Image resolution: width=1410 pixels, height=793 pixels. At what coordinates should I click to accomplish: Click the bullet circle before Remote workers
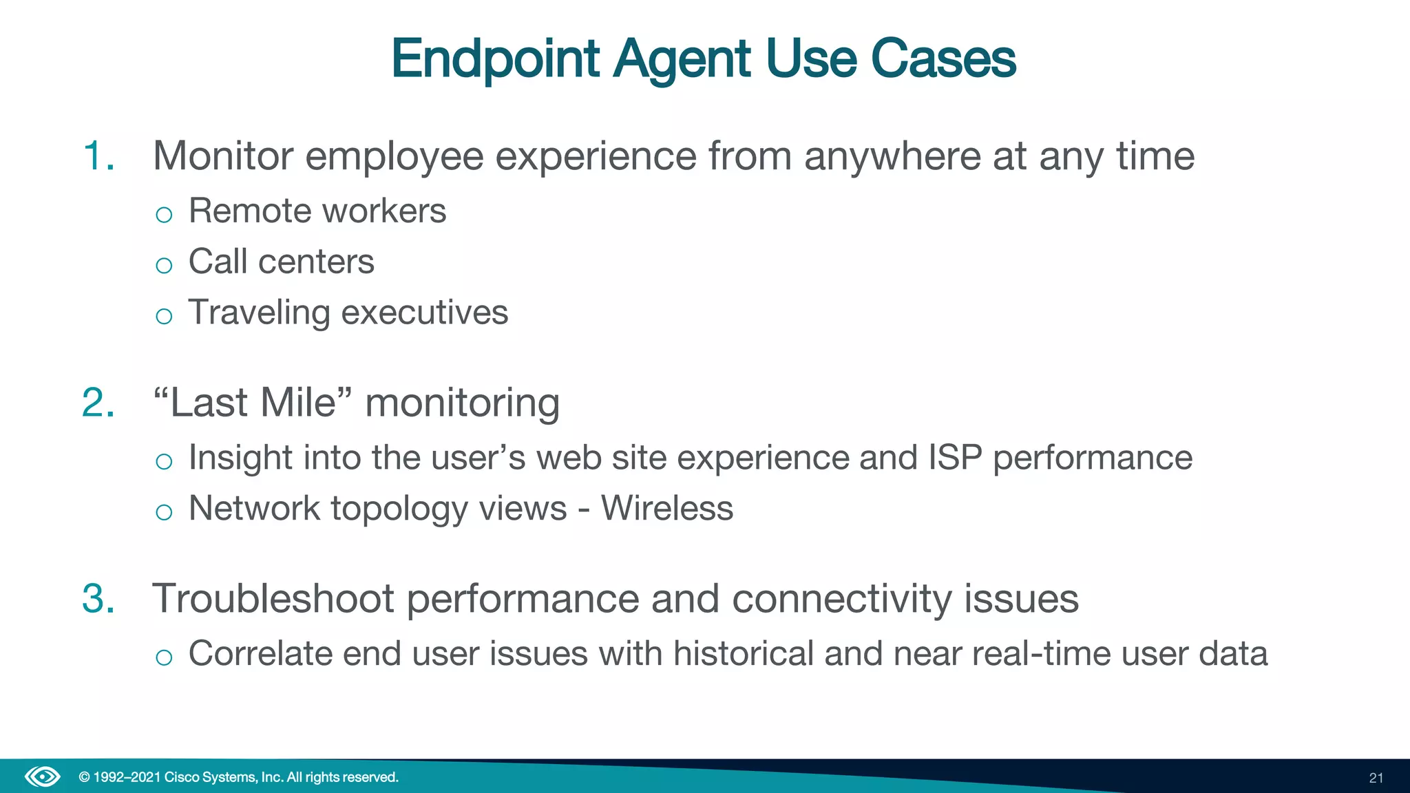tap(164, 215)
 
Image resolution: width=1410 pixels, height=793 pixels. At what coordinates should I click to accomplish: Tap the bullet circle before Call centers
tap(164, 266)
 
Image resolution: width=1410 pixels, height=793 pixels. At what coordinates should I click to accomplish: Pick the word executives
tap(425, 313)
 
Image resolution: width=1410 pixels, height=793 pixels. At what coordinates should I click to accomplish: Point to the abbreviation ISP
tap(955, 458)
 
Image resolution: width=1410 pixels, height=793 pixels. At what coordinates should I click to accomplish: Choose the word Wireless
tap(667, 509)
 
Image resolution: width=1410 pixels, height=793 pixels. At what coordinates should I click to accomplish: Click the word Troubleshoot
tap(273, 598)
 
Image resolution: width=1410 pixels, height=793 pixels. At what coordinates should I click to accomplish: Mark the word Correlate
tap(260, 653)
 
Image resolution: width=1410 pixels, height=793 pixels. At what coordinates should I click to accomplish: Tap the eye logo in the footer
tap(43, 777)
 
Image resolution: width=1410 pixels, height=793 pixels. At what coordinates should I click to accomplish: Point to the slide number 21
tap(1376, 778)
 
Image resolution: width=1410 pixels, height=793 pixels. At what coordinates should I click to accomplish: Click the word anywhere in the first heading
tap(892, 156)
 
